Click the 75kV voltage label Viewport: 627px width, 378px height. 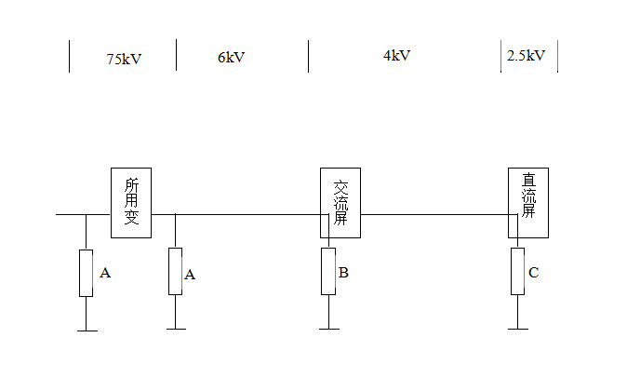pyautogui.click(x=125, y=58)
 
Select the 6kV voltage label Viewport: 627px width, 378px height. pyautogui.click(x=231, y=57)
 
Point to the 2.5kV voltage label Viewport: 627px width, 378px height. pyautogui.click(x=526, y=56)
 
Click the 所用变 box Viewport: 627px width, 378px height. pyautogui.click(x=131, y=202)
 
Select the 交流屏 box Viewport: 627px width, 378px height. pyautogui.click(x=340, y=202)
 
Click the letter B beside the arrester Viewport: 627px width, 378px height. pyautogui.click(x=343, y=273)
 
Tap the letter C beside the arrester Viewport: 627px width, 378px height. pyautogui.click(x=532, y=273)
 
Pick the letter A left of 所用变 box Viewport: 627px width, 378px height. pyautogui.click(x=105, y=273)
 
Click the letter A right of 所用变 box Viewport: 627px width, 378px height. pyautogui.click(x=190, y=274)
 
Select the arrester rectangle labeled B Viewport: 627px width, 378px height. pyautogui.click(x=328, y=271)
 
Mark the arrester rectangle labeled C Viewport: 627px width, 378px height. pyautogui.click(x=518, y=271)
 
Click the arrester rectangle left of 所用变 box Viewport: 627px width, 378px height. pyautogui.click(x=86, y=273)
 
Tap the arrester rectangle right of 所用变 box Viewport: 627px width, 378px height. pyautogui.click(x=175, y=271)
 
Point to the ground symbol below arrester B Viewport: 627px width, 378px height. pyautogui.click(x=328, y=328)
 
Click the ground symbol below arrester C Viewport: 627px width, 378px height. pyautogui.click(x=518, y=328)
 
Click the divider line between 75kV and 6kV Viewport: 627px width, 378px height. pyautogui.click(x=176, y=56)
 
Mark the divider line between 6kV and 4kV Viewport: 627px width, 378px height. pyautogui.click(x=309, y=56)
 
